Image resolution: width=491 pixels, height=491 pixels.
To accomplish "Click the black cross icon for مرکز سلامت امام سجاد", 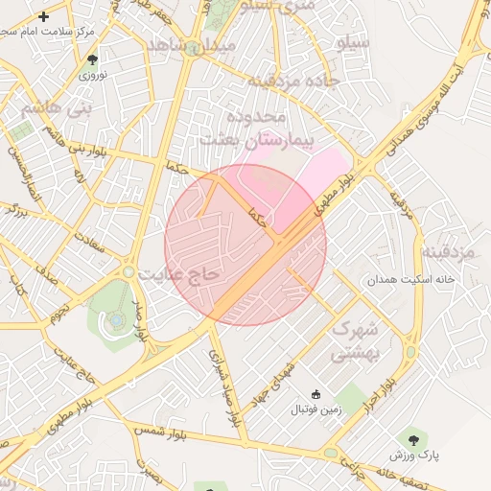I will (x=44, y=16).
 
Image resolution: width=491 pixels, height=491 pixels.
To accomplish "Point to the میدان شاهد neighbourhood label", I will (x=191, y=45).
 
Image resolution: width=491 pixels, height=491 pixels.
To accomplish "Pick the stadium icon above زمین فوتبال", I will (x=316, y=394).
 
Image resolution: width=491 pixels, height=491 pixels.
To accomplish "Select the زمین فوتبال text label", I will (x=316, y=409).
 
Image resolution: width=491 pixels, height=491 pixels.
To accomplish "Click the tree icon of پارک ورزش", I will (x=413, y=439).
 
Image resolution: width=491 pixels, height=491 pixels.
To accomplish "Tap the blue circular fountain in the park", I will (x=115, y=318).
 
